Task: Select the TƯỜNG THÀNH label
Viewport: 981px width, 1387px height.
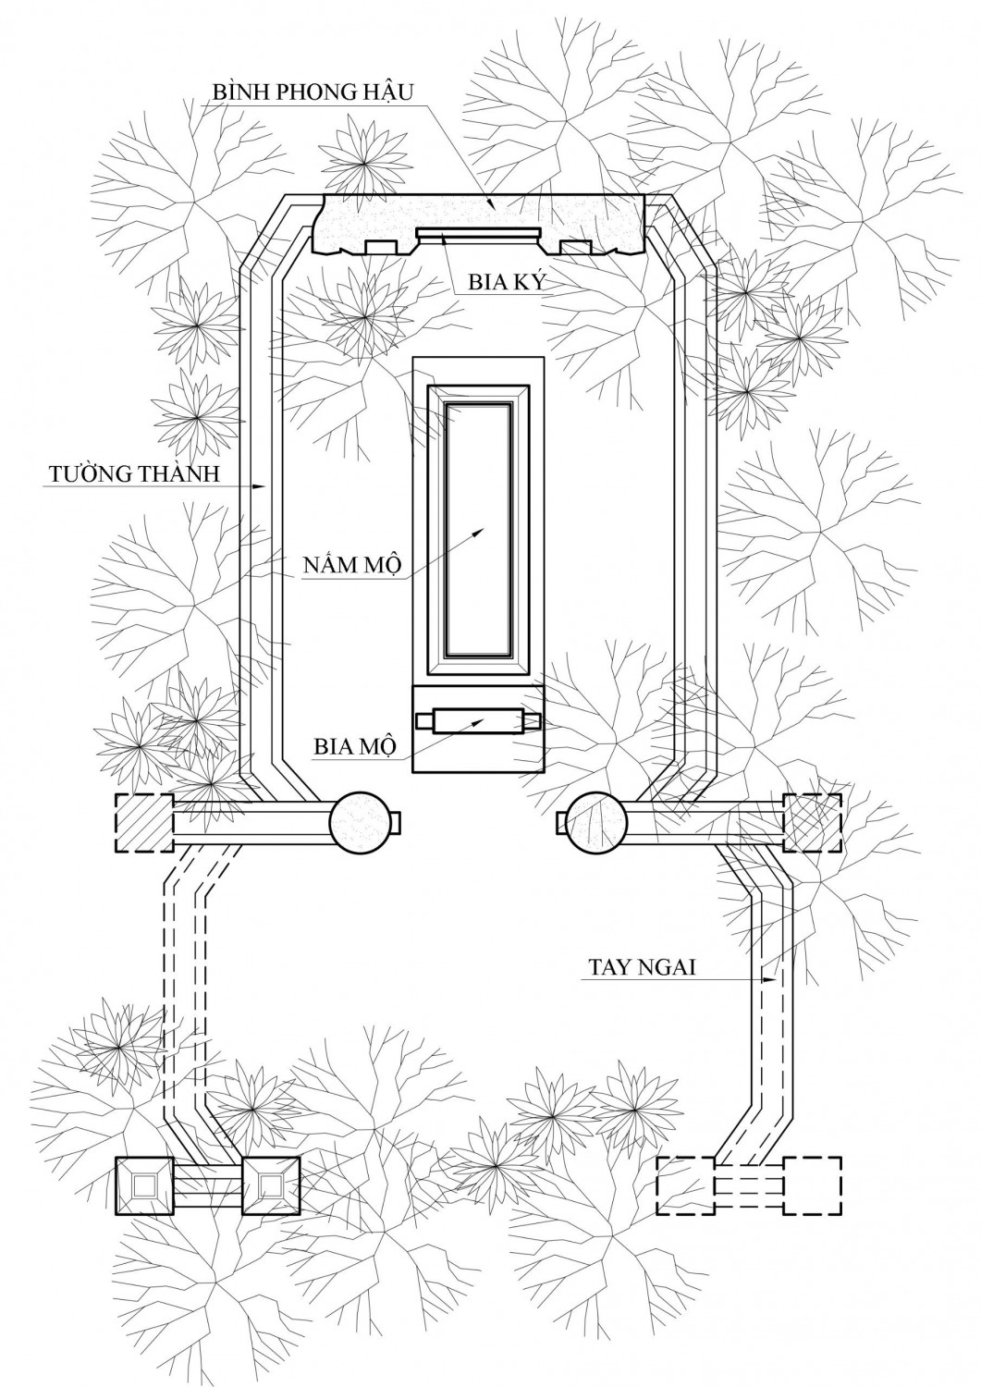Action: pos(132,475)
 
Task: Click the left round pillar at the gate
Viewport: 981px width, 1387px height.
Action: pos(362,820)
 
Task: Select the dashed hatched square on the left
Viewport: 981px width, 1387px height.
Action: pos(143,822)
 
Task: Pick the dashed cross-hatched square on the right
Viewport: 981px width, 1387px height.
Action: pos(813,822)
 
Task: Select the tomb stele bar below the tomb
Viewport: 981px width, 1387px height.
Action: pos(479,720)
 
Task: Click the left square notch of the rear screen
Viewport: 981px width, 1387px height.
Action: pos(380,248)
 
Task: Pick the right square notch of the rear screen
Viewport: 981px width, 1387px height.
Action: pos(576,248)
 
